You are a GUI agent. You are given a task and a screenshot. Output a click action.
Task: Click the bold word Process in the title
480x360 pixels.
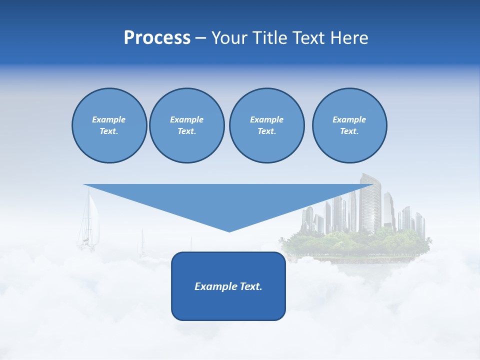[x=157, y=38]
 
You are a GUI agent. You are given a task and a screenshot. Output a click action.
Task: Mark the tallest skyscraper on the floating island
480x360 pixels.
[x=371, y=202]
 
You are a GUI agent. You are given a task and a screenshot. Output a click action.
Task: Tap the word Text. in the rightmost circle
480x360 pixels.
[x=349, y=131]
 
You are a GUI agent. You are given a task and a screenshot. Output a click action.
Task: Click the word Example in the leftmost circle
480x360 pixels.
[x=109, y=119]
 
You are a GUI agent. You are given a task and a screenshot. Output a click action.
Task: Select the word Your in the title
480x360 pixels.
[x=229, y=38]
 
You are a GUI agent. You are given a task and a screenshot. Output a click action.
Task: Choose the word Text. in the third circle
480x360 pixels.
[x=266, y=131]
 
